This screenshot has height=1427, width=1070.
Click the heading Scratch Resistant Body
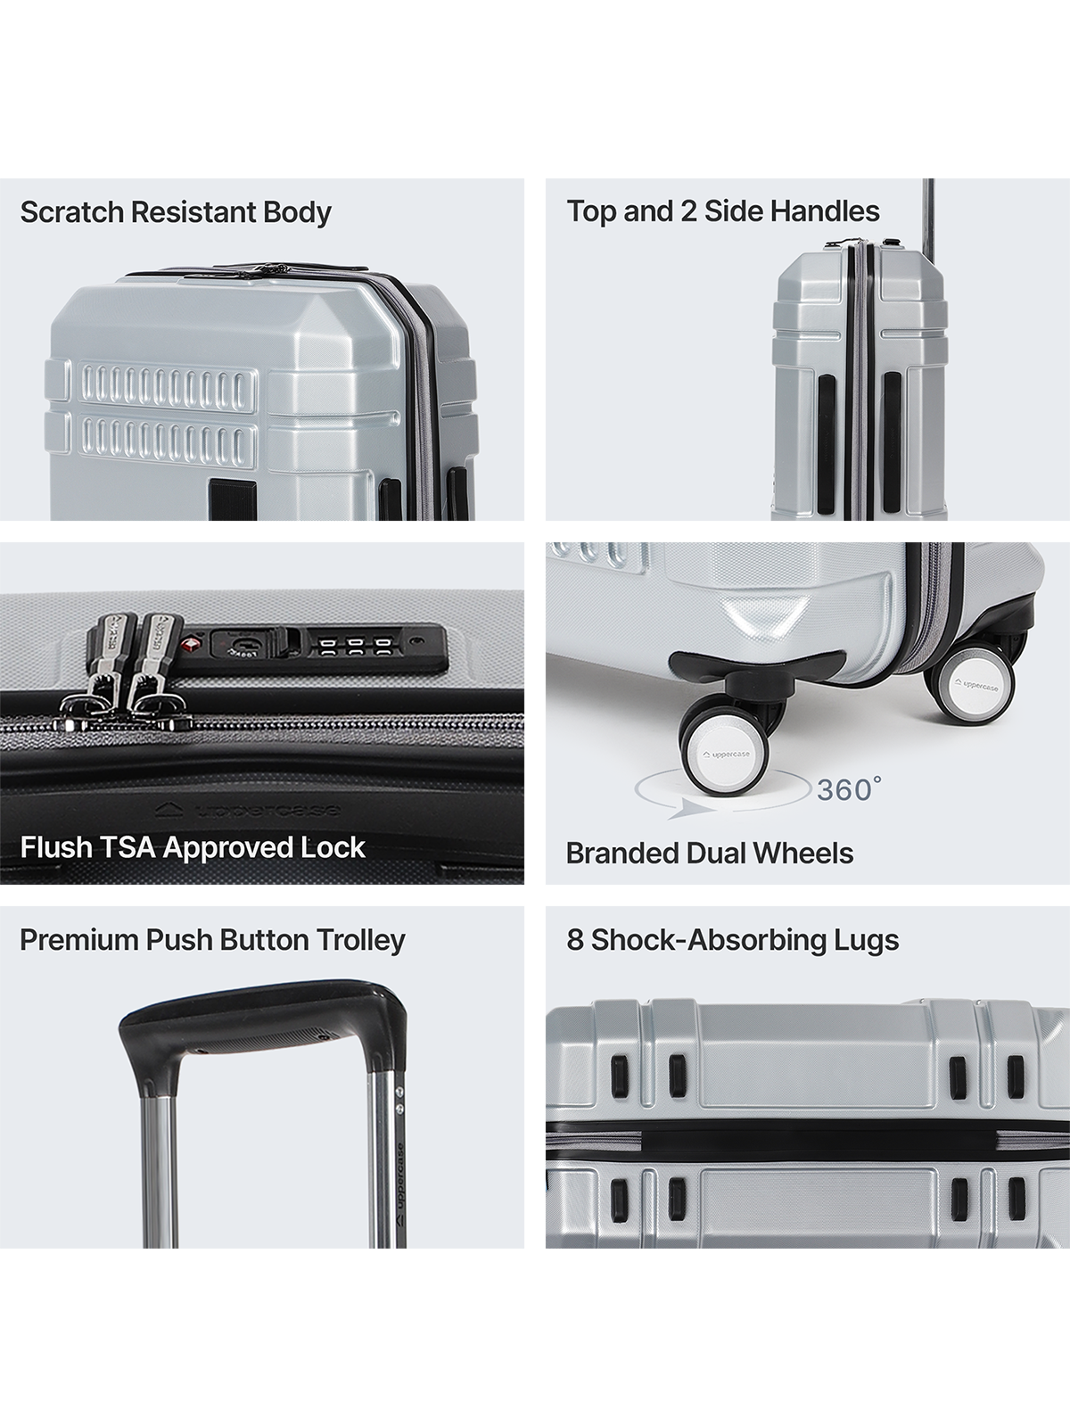pos(176,212)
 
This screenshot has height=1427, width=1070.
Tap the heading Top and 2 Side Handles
pos(723,211)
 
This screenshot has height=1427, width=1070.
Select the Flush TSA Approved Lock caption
pos(193,848)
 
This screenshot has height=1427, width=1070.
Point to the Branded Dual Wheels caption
pos(710,854)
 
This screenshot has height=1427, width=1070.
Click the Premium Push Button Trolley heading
pos(212,940)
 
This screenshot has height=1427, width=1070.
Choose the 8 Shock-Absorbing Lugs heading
pos(733,940)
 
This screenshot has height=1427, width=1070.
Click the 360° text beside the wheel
pos(849,789)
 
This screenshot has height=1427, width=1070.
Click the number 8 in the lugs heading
pos(575,940)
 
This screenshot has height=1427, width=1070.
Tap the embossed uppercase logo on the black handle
pos(248,810)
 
